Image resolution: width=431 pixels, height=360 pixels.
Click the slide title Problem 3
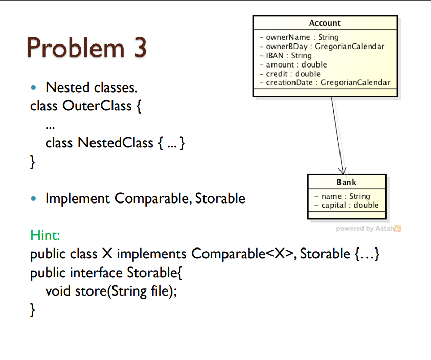(x=86, y=48)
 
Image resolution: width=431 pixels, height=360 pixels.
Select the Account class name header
(x=325, y=23)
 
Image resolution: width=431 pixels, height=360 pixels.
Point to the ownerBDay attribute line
(x=325, y=47)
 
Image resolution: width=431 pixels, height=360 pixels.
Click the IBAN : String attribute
(x=288, y=55)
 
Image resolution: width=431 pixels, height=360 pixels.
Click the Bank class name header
(x=346, y=182)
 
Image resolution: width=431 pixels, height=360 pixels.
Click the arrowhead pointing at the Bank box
(x=343, y=171)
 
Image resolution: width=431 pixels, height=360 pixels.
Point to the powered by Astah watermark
(x=368, y=228)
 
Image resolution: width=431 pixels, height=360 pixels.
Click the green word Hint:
(x=46, y=235)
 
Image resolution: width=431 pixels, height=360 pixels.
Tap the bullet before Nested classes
(x=34, y=88)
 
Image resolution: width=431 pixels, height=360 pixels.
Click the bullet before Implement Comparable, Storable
(x=34, y=198)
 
